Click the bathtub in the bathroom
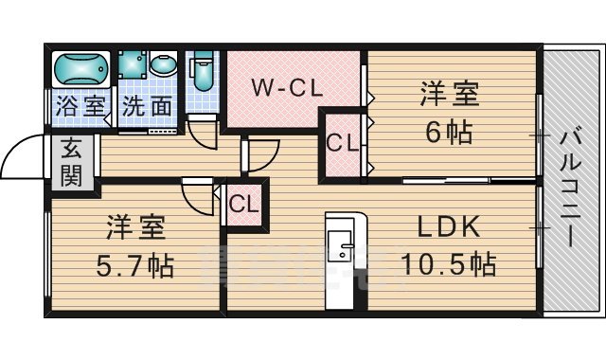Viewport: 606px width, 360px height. pos(81,69)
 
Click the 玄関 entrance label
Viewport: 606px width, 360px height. pos(73,162)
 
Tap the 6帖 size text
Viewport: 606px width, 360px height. pos(449,133)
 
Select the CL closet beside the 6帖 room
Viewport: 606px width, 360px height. pos(343,144)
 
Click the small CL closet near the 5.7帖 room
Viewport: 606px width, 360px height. pos(244,204)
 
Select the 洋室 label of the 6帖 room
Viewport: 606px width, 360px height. pos(449,95)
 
